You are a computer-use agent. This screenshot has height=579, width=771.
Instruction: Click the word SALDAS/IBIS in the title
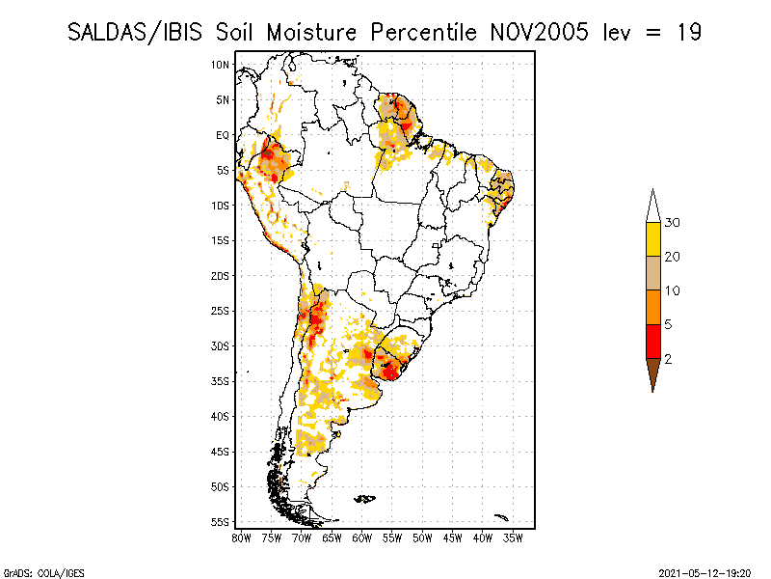click(x=135, y=33)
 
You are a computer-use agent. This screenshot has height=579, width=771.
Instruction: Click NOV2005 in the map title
click(x=539, y=32)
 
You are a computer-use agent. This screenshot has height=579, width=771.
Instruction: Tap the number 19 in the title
click(x=688, y=32)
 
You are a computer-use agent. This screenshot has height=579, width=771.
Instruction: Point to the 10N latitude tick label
click(x=220, y=65)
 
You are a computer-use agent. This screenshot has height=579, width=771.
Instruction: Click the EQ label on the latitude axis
click(x=223, y=135)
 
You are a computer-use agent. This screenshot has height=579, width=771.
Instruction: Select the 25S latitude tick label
click(x=220, y=311)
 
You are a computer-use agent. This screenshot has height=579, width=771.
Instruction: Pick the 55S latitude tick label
click(x=220, y=522)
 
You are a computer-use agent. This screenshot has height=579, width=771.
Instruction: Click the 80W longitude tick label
click(x=242, y=538)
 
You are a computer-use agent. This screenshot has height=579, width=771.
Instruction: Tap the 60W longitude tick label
click(x=362, y=538)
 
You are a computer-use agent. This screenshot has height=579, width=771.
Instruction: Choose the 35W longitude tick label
click(x=513, y=538)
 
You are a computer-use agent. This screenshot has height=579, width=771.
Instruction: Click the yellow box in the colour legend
click(x=653, y=239)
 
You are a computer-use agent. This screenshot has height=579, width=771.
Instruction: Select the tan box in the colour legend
click(x=653, y=273)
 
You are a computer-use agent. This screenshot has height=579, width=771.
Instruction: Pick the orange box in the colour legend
click(x=653, y=307)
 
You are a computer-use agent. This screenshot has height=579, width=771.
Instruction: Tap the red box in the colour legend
click(x=653, y=342)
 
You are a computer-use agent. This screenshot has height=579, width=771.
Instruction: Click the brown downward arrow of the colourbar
click(x=653, y=372)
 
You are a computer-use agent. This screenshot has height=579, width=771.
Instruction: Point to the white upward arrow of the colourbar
click(x=653, y=207)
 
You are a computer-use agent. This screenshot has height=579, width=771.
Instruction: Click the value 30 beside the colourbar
click(x=672, y=223)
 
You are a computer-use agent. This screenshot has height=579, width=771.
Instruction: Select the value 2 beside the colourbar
click(x=668, y=359)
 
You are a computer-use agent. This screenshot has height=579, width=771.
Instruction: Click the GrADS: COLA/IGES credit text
click(x=43, y=573)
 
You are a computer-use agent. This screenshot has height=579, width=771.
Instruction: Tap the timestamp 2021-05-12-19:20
click(x=705, y=573)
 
